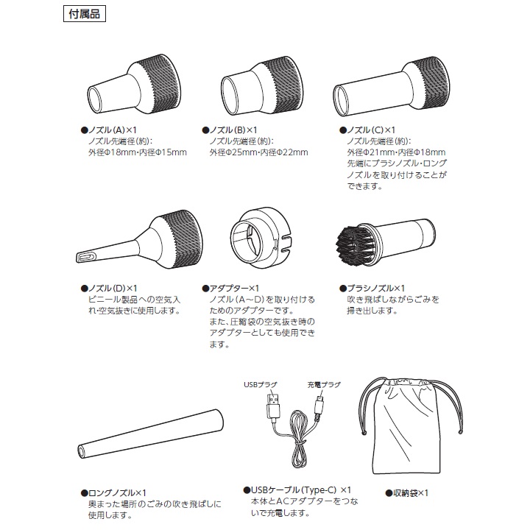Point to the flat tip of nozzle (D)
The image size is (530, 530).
tap(86, 256)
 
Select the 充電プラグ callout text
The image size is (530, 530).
tap(325, 384)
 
